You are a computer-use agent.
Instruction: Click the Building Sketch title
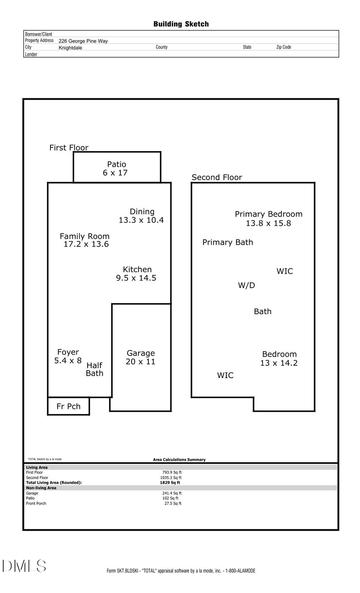[x=181, y=24]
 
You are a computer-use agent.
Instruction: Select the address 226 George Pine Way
[x=83, y=41]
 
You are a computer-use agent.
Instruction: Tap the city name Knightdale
[x=70, y=48]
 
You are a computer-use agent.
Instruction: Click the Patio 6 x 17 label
[x=116, y=168]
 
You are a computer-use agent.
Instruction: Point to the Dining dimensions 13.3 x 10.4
[x=141, y=220]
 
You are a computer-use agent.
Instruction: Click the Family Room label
[x=84, y=236]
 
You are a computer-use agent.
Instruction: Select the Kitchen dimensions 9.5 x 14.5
[x=136, y=278]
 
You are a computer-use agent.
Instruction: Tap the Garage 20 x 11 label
[x=140, y=357]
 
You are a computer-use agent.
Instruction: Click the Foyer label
[x=68, y=352]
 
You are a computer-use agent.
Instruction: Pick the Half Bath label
[x=94, y=369]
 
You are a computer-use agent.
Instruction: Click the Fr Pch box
[x=68, y=407]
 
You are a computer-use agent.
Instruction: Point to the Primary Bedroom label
[x=268, y=214]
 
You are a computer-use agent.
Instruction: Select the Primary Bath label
[x=228, y=242]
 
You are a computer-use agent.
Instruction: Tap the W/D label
[x=246, y=285]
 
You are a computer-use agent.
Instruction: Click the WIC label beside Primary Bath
[x=284, y=271]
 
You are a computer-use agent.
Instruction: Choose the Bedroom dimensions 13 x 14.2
[x=279, y=363]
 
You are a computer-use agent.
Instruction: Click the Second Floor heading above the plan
[x=217, y=177]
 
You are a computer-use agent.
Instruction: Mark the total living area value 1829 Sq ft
[x=170, y=483]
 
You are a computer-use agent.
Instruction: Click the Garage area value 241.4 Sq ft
[x=172, y=493]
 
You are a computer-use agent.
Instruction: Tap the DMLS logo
[x=24, y=566]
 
